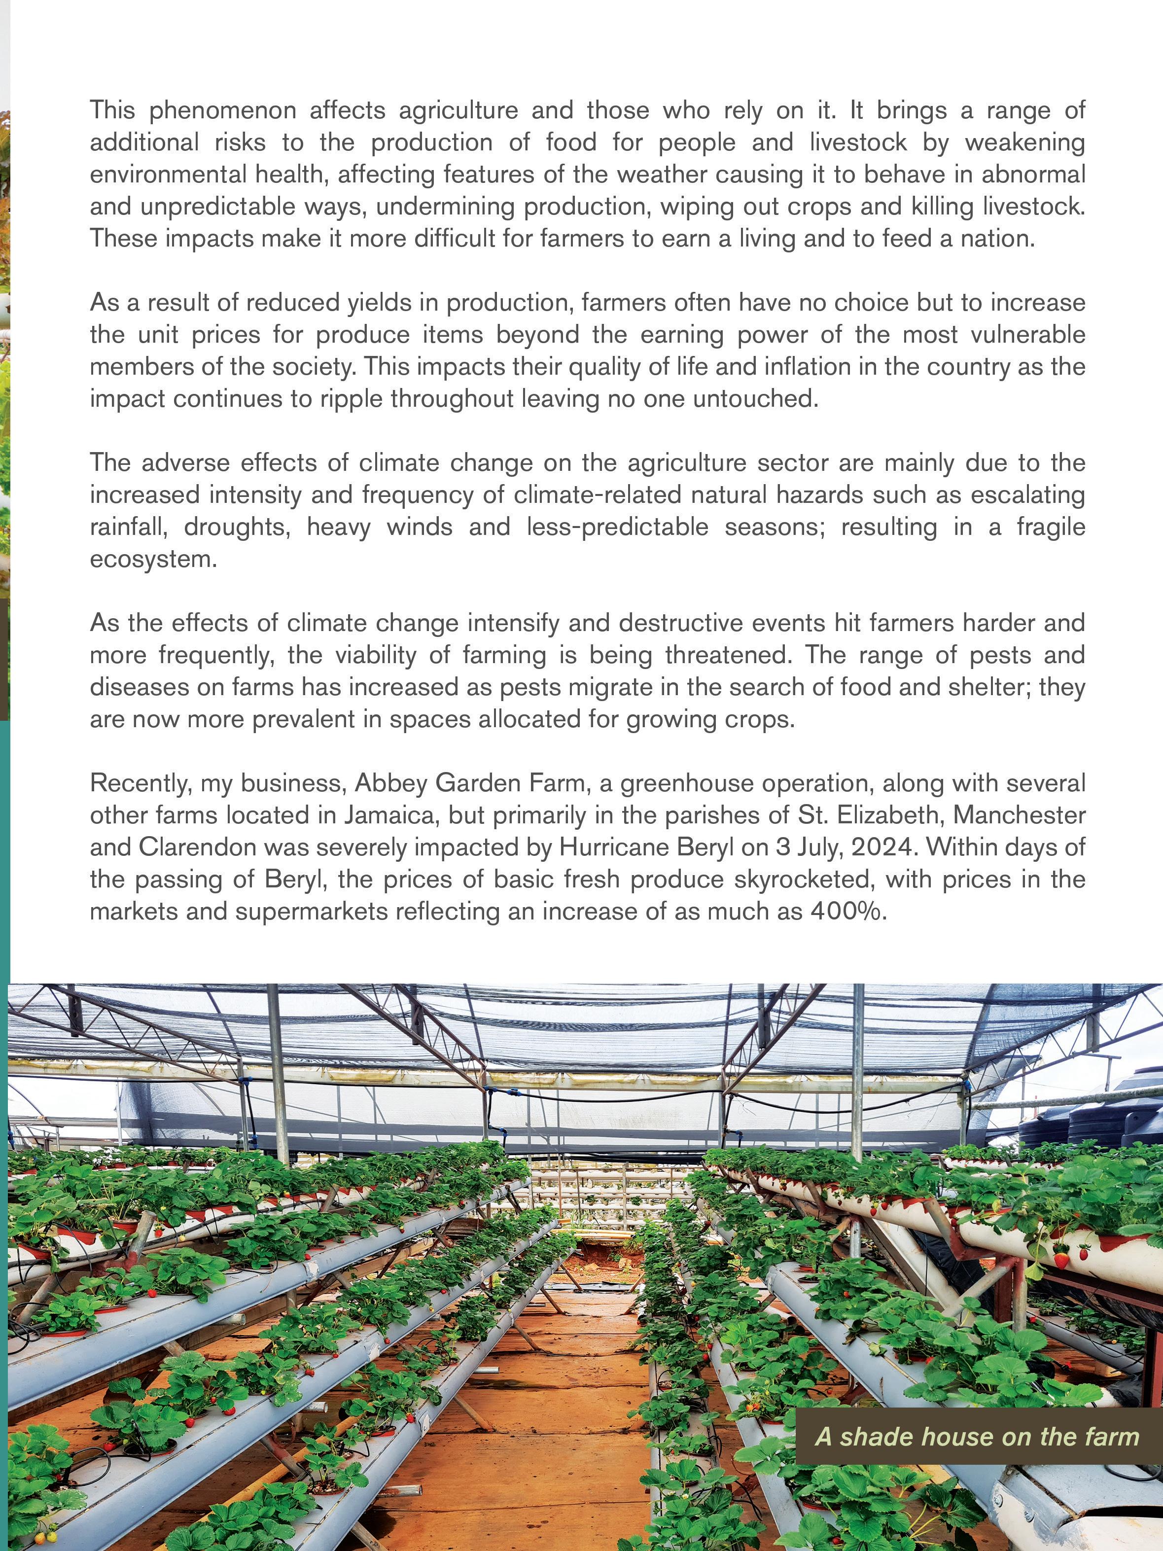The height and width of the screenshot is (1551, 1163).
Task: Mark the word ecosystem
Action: (153, 559)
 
